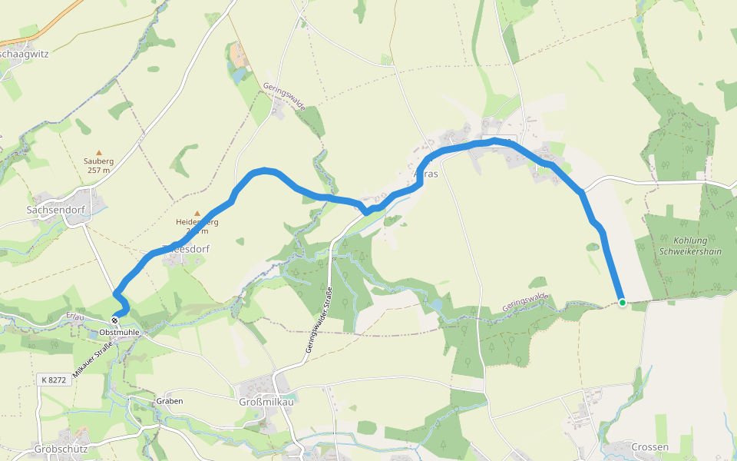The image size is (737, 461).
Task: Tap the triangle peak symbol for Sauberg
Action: click(x=98, y=153)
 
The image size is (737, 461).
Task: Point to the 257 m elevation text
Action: click(x=98, y=170)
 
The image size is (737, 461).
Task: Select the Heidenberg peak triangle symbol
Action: click(x=197, y=213)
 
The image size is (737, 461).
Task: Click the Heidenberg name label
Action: click(x=197, y=222)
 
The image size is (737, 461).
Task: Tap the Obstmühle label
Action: click(x=120, y=332)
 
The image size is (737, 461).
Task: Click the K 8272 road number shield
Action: click(x=54, y=380)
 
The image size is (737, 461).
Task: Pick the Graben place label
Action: click(x=169, y=401)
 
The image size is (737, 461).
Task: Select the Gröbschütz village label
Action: click(x=61, y=448)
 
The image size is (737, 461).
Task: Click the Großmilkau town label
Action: click(x=266, y=401)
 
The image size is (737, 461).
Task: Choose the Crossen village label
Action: click(x=649, y=446)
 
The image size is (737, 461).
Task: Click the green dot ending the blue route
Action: click(x=622, y=303)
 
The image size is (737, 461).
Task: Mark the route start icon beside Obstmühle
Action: click(x=114, y=320)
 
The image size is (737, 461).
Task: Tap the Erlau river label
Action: click(x=74, y=316)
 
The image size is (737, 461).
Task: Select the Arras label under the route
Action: click(x=427, y=174)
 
